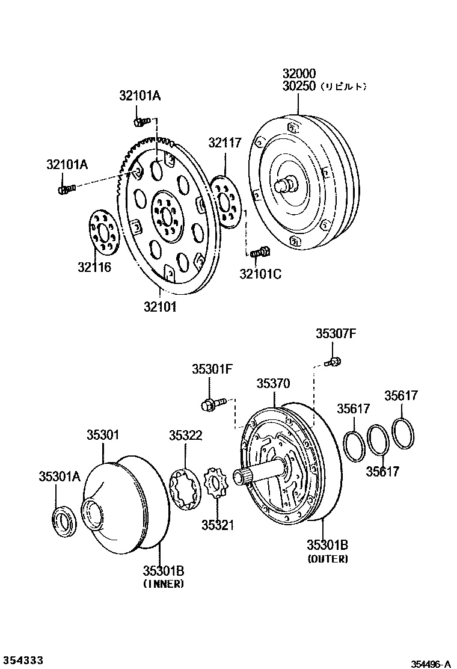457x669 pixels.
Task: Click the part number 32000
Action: point(299,74)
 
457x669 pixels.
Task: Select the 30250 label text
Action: point(299,87)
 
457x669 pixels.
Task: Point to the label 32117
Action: point(225,143)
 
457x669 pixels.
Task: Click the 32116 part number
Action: point(94,267)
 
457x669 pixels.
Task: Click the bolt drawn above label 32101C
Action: point(261,253)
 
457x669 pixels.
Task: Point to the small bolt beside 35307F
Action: point(333,362)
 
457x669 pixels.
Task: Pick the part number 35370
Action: point(273,383)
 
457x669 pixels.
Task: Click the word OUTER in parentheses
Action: point(328,559)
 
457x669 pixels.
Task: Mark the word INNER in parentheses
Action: point(164,584)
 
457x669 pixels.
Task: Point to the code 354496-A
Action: point(431,664)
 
